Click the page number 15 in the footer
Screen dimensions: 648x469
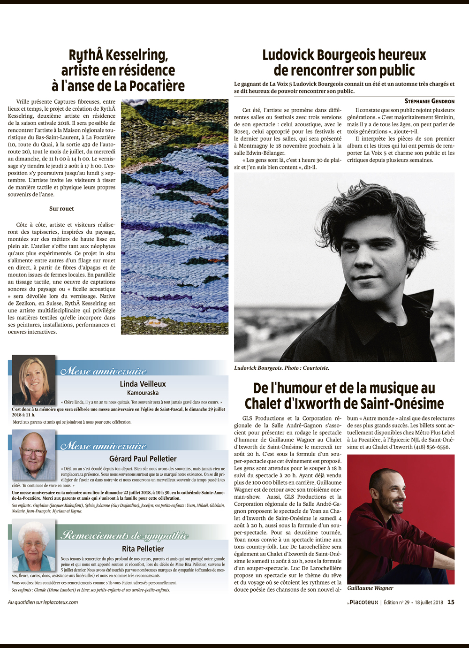coord(451,602)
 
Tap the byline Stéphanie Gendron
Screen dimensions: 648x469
coord(429,101)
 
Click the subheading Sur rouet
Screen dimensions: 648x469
coord(61,209)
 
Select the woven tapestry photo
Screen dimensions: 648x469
coord(174,216)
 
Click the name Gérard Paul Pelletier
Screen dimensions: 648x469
coord(143,459)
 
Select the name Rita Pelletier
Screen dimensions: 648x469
coord(143,549)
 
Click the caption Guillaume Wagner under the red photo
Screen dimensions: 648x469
coord(370,588)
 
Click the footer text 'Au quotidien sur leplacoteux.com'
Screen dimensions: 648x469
coord(43,602)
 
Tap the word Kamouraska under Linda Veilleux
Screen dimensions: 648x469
coord(143,393)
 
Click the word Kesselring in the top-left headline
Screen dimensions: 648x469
coord(136,55)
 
